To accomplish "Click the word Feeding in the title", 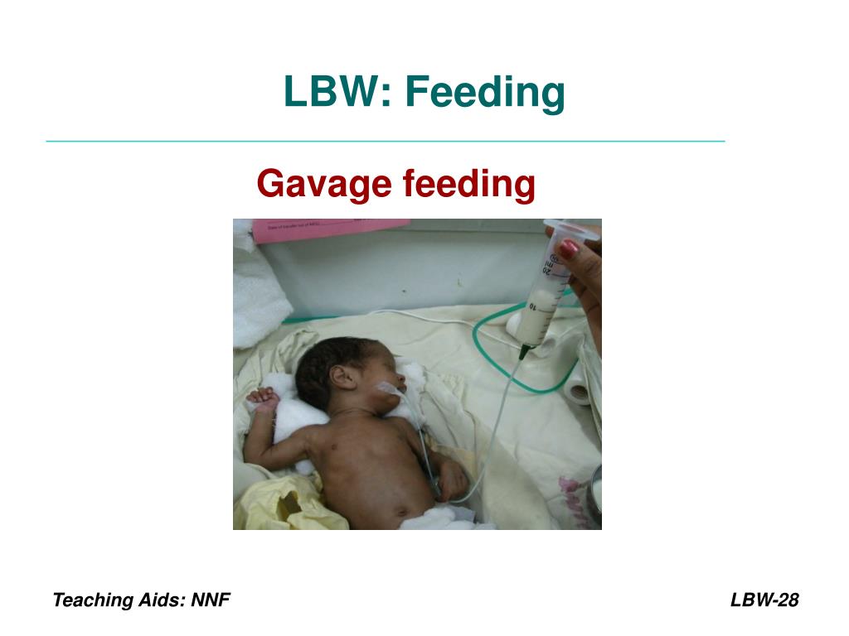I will point(485,92).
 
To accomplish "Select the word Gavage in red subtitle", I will point(324,183).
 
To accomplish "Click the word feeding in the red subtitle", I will point(468,183).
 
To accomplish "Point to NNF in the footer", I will point(211,600).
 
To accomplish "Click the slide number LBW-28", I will point(764,600).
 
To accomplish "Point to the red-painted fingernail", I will point(567,248).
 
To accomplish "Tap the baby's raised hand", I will point(263,399).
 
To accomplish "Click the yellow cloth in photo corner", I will point(282,505).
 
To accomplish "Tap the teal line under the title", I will point(386,142).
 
